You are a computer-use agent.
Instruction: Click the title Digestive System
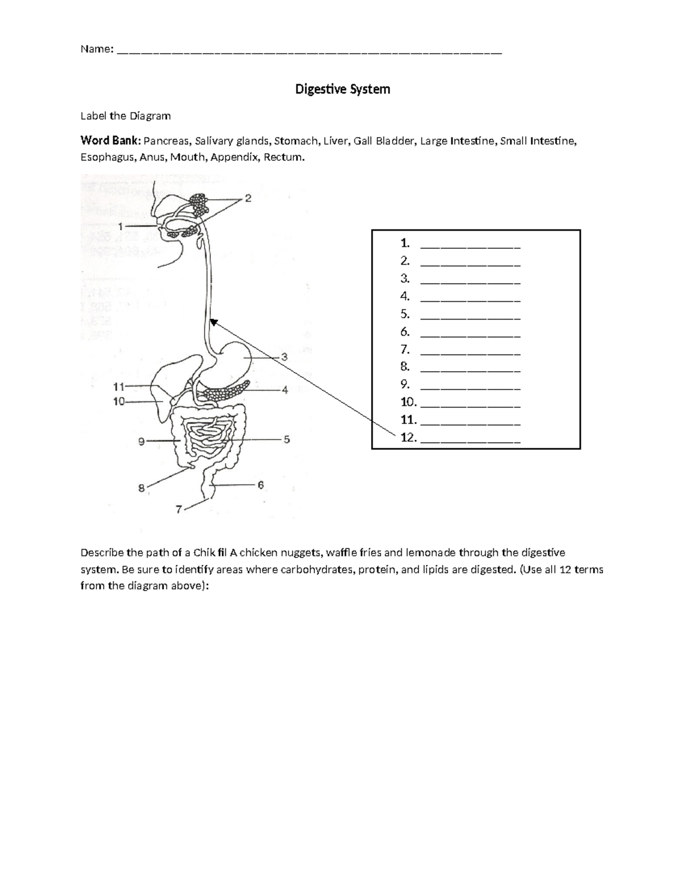pyautogui.click(x=342, y=89)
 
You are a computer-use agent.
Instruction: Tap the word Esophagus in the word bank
pyautogui.click(x=107, y=157)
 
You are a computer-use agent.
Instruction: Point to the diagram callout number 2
pyautogui.click(x=248, y=198)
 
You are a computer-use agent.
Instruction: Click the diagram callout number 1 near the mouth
pyautogui.click(x=121, y=226)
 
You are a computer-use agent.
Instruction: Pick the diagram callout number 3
pyautogui.click(x=284, y=357)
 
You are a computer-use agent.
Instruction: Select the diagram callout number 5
pyautogui.click(x=286, y=440)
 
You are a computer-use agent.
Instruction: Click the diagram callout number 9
pyautogui.click(x=141, y=441)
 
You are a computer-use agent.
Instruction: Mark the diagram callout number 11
pyautogui.click(x=118, y=386)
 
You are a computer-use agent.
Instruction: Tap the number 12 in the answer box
pyautogui.click(x=408, y=438)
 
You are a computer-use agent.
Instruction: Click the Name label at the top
pyautogui.click(x=97, y=49)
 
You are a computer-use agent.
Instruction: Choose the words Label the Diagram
pyautogui.click(x=125, y=116)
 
